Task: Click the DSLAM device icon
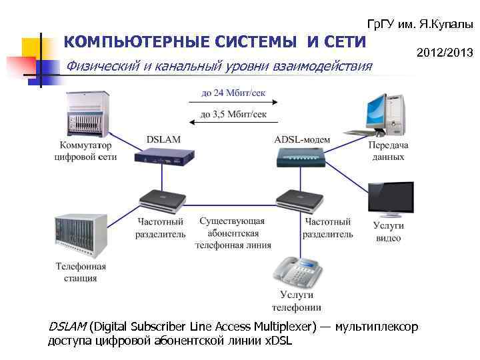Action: click(163, 157)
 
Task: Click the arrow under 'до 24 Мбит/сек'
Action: click(233, 103)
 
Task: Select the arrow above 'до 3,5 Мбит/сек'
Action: click(233, 122)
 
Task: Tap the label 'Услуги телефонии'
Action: click(296, 301)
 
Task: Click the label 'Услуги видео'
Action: click(388, 232)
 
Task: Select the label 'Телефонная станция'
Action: click(81, 272)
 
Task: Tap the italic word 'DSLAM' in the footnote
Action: click(67, 327)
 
